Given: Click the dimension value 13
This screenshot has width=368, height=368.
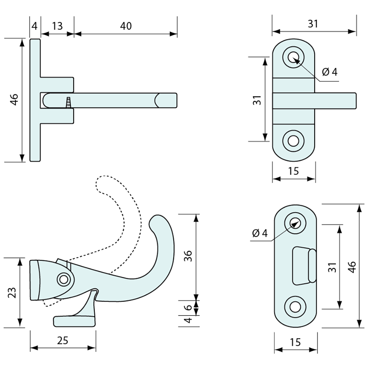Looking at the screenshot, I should [57, 26].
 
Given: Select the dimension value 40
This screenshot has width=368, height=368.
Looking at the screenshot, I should [126, 26].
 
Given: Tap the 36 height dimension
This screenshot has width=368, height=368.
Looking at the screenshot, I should [188, 256].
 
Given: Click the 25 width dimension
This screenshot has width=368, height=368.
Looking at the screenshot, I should [63, 340].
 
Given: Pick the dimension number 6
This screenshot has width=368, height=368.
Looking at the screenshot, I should [188, 307].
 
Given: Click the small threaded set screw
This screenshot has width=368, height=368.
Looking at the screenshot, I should [68, 102].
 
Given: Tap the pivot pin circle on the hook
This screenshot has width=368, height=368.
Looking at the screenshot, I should [63, 279].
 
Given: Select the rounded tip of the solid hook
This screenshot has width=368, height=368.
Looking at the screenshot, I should [158, 221].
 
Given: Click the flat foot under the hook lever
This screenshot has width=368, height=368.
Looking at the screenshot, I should [74, 321].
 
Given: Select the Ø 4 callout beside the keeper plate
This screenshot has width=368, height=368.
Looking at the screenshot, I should [260, 233].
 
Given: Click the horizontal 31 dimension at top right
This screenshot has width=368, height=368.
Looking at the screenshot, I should [313, 23].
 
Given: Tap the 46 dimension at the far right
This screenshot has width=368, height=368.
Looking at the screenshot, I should [352, 266].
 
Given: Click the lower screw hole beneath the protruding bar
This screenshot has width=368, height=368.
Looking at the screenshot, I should [294, 141].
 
